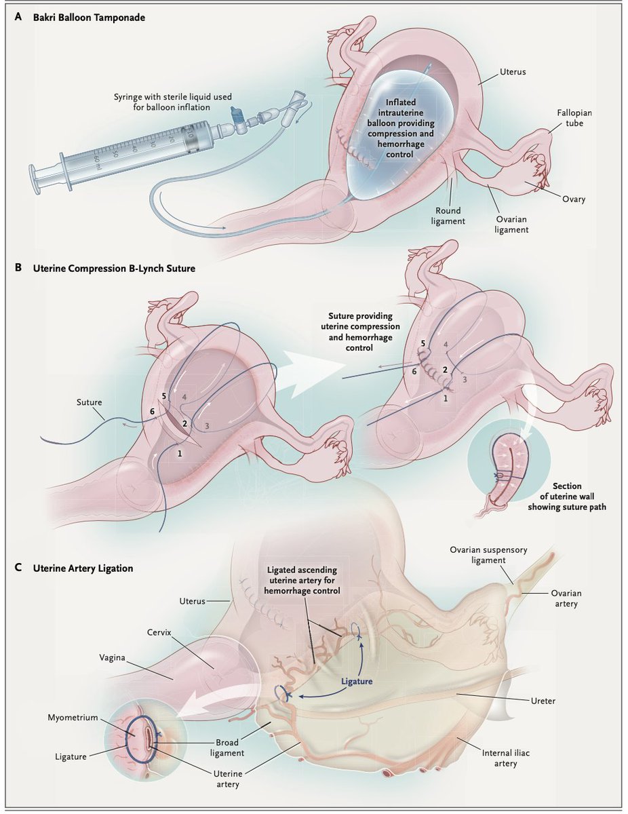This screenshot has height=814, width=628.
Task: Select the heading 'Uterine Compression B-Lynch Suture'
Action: click(114, 269)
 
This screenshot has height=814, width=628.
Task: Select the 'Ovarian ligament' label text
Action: click(511, 225)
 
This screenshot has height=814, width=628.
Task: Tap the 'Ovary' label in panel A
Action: click(572, 199)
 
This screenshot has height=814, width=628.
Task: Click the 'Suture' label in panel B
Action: click(87, 402)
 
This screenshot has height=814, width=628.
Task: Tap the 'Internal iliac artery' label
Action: click(501, 758)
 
